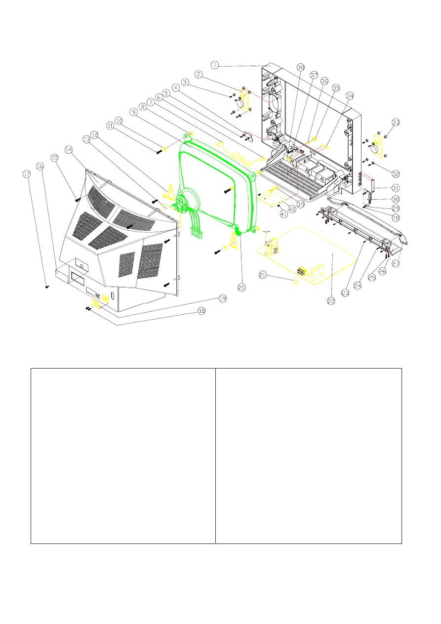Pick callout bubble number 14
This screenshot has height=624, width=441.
point(68,149)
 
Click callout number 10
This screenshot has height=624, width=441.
point(119,121)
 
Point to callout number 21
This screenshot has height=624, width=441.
point(264,275)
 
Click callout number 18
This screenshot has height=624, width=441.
point(200,311)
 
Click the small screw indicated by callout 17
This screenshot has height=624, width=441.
point(46,286)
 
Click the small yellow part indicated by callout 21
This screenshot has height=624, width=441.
point(295,283)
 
